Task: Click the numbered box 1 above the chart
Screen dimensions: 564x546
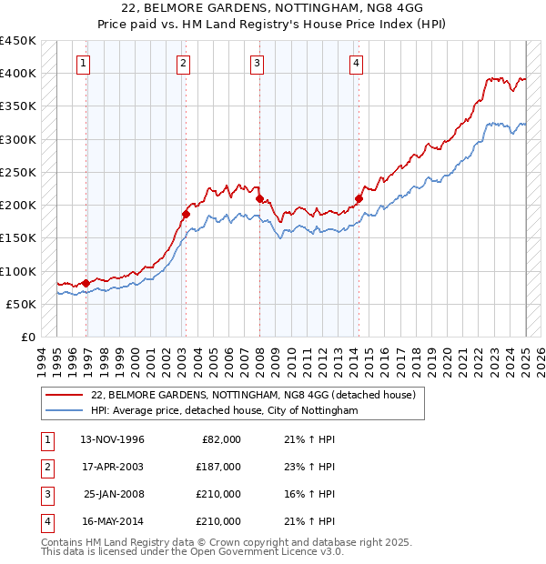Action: (x=84, y=63)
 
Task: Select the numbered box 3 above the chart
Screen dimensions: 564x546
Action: (x=258, y=63)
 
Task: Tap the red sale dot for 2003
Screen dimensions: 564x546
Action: (x=185, y=214)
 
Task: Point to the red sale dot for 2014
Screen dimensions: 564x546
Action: (x=359, y=198)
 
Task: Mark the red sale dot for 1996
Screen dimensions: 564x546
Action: (x=86, y=283)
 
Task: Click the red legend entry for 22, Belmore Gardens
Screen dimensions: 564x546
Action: (x=253, y=395)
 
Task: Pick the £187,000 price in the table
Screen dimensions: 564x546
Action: (x=218, y=467)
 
